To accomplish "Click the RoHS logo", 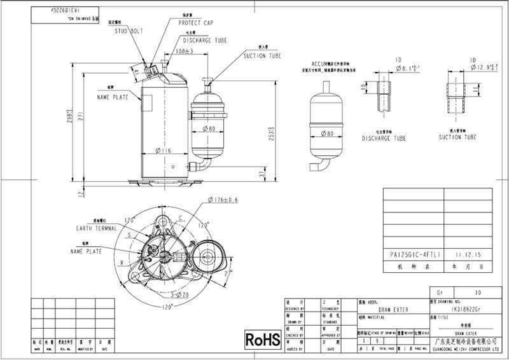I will point(262,339).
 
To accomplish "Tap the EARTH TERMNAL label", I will point(98,228).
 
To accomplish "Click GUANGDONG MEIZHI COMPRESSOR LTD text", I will point(454,349).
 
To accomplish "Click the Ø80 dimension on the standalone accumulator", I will point(328,133).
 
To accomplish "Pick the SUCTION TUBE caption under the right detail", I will point(457,137).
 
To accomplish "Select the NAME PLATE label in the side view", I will point(113,97).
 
